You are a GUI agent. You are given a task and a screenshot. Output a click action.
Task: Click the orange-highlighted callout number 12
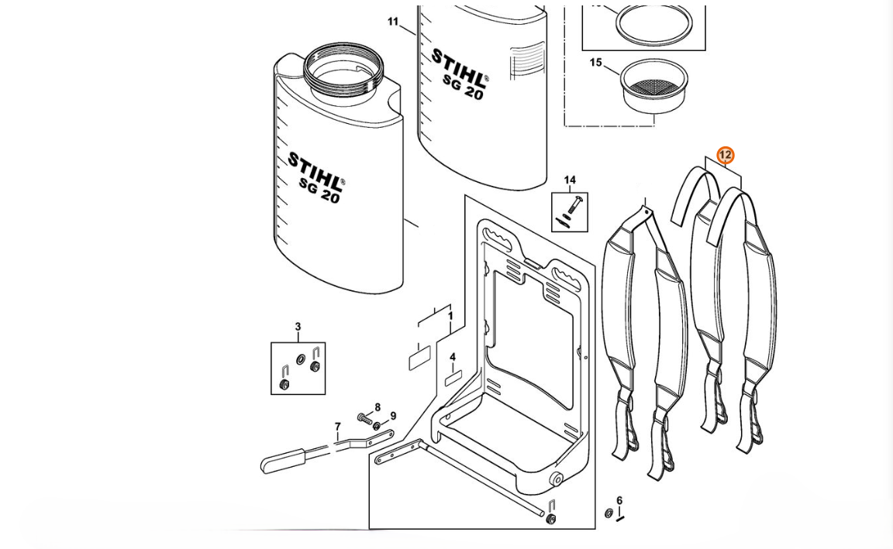click(725, 156)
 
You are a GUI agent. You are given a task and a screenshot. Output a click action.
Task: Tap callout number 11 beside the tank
click(393, 22)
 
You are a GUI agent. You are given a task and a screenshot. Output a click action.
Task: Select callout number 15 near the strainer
click(595, 63)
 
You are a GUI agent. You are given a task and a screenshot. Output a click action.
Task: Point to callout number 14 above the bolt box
click(570, 180)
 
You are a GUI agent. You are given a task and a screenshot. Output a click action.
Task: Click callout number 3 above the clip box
click(298, 328)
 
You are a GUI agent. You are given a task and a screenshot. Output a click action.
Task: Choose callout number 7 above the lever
click(337, 427)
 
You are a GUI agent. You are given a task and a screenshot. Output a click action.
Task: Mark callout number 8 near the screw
click(378, 408)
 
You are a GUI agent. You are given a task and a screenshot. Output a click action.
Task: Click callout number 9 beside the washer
click(393, 417)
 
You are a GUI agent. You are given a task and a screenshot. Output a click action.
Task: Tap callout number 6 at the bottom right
click(619, 501)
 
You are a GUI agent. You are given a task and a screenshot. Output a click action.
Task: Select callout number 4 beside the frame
click(453, 358)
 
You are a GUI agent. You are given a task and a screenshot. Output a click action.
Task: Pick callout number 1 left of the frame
click(450, 317)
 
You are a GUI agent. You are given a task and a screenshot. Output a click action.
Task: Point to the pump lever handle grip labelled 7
click(283, 462)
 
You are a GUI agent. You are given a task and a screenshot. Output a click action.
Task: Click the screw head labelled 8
click(363, 419)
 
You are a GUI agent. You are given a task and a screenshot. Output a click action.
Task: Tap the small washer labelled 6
click(609, 514)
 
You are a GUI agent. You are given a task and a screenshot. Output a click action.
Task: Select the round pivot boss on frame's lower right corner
click(556, 480)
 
